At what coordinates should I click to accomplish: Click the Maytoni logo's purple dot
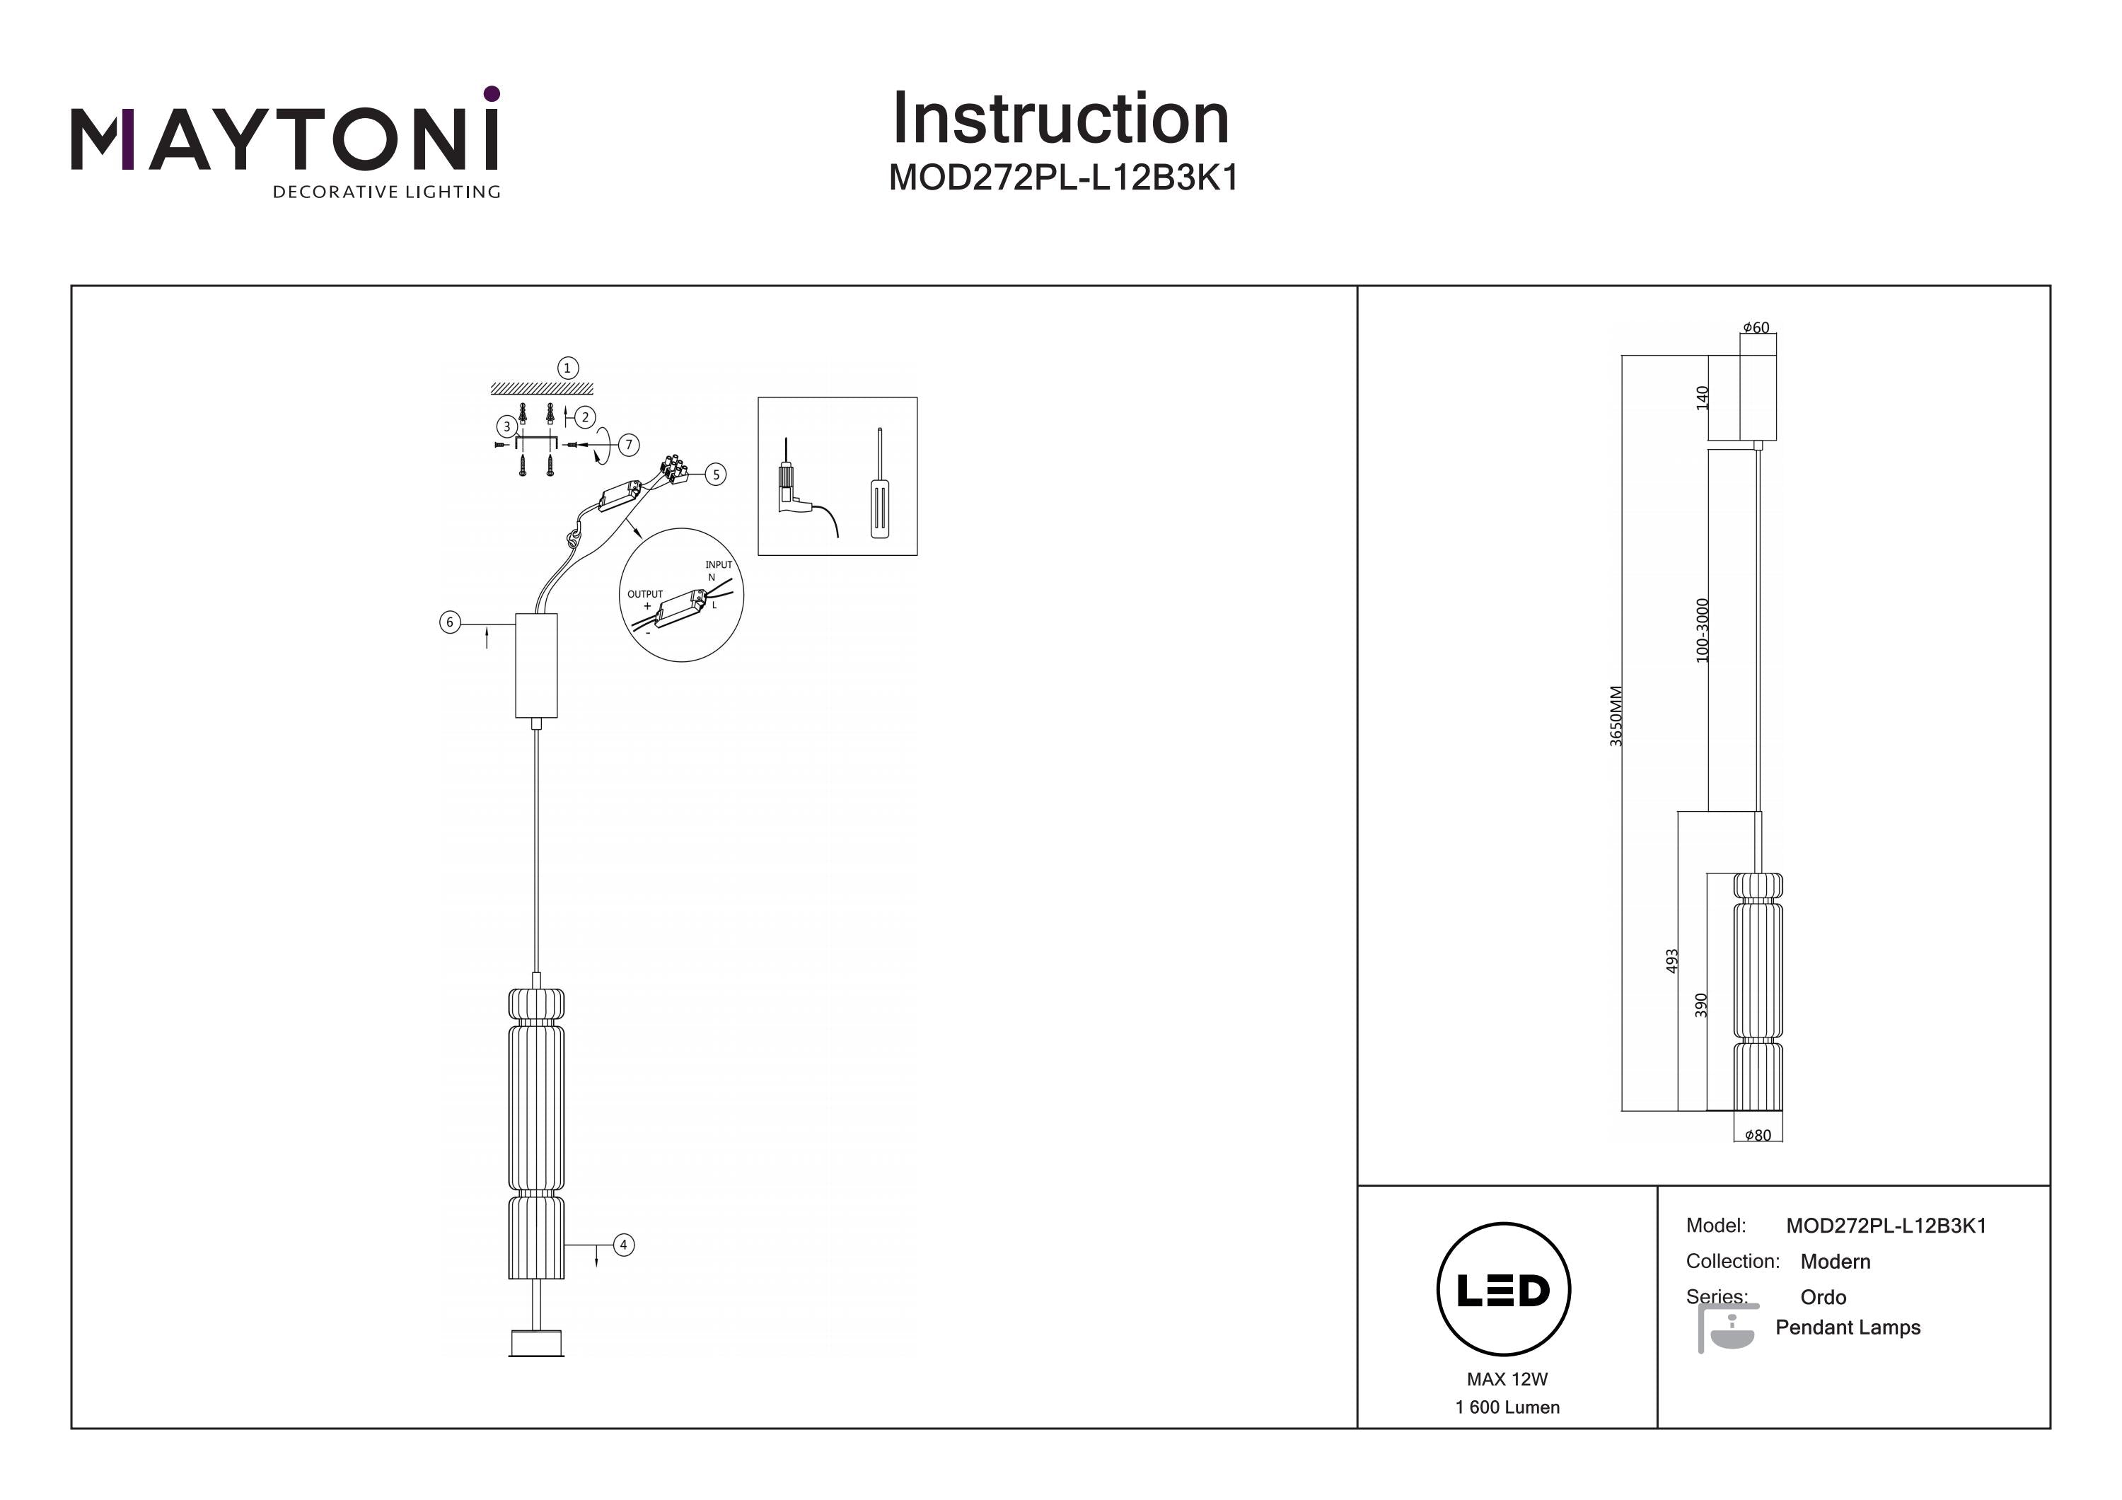tap(492, 93)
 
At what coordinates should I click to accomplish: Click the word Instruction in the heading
tap(1061, 120)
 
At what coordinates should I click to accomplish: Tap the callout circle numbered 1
tap(567, 368)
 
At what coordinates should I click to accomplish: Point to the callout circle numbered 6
tap(450, 622)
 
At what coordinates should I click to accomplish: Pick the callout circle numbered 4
tap(624, 1245)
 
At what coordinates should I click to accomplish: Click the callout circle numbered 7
tap(629, 445)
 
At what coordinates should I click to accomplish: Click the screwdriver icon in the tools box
tap(880, 483)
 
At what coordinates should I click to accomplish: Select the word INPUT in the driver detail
tap(718, 564)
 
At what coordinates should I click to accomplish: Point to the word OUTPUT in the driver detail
tap(645, 594)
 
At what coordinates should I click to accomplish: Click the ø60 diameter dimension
tap(1756, 328)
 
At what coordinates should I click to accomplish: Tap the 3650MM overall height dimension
tap(1616, 716)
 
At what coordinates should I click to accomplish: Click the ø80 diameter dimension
tap(1758, 1136)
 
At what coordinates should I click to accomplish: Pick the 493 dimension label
tap(1671, 961)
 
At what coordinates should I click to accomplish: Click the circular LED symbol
tap(1503, 1290)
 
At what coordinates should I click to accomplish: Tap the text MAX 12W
tap(1507, 1379)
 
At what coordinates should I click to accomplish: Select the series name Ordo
tap(1823, 1296)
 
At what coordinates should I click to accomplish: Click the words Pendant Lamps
tap(1848, 1327)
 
